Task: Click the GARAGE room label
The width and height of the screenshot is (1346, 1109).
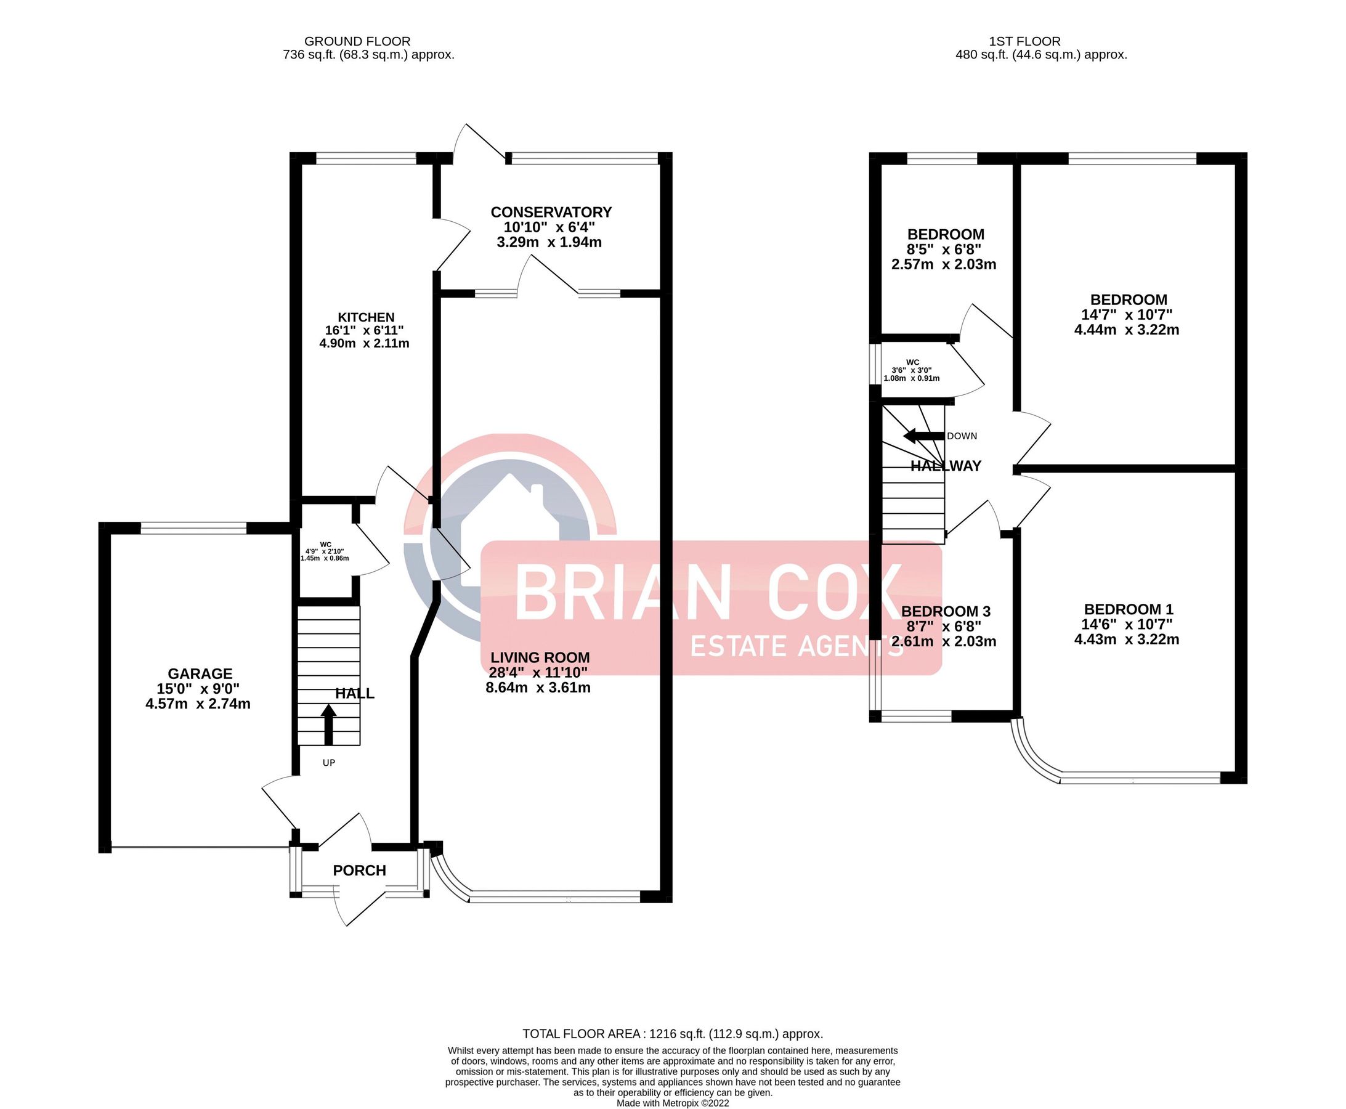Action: click(200, 673)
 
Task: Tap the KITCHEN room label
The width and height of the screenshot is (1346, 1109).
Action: click(366, 317)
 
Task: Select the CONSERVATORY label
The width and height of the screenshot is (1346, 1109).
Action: click(551, 211)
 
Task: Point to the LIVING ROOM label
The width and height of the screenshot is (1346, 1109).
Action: click(540, 657)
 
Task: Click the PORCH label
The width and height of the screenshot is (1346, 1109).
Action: click(359, 870)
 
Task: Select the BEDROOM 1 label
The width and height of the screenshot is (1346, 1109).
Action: click(1128, 609)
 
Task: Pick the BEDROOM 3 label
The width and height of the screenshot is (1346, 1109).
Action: click(946, 611)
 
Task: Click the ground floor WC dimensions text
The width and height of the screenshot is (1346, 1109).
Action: click(325, 554)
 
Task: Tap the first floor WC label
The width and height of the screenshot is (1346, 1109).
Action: click(912, 362)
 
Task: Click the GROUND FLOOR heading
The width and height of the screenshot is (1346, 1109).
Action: click(357, 41)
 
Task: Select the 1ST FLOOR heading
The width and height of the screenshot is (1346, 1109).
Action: click(1024, 41)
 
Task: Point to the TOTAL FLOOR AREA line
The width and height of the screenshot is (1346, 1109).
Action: click(672, 1034)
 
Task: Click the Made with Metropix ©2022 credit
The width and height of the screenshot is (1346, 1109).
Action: click(672, 1103)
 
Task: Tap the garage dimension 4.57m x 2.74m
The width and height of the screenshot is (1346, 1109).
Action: click(198, 704)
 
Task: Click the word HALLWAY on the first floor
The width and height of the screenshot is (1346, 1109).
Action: click(946, 466)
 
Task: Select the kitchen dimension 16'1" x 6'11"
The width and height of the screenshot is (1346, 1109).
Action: click(364, 330)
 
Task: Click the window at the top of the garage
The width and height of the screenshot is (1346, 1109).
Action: click(193, 527)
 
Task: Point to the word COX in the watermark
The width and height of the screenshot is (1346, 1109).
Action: click(834, 593)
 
